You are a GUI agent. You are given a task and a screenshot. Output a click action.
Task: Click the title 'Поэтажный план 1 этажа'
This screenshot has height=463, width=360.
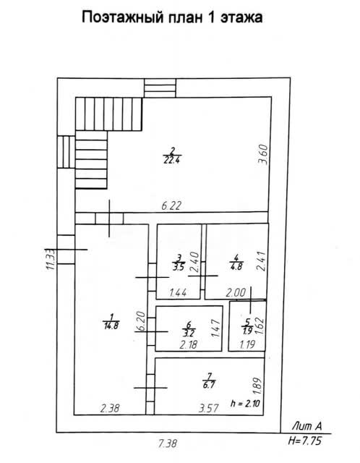pos(172,17)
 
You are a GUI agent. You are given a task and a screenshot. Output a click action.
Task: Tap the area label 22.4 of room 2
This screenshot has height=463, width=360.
pos(172,161)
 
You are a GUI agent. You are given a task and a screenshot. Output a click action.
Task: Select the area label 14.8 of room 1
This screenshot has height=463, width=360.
pos(111,326)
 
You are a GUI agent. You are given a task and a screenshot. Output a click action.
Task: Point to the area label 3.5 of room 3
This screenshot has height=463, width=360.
pos(179,267)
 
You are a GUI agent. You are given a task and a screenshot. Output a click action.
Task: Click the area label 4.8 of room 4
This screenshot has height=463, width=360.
pos(236,266)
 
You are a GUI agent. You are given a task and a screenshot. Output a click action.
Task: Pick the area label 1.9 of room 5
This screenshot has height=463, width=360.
pos(247,331)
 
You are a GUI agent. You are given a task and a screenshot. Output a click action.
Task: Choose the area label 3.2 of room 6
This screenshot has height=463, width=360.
pos(189,333)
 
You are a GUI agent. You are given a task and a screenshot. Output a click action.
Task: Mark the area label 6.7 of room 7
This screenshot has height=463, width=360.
pos(209,386)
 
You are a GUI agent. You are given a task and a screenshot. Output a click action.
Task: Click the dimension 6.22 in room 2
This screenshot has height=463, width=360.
pos(171,205)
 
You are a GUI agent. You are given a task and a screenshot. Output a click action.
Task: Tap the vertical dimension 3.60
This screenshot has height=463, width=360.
pos(262,154)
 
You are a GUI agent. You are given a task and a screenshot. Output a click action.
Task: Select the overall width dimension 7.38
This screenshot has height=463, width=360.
pos(167,443)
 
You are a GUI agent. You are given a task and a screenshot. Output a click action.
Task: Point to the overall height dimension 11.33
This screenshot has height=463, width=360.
pos(50,259)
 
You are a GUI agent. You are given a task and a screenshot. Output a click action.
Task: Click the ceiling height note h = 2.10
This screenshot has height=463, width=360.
pos(246,403)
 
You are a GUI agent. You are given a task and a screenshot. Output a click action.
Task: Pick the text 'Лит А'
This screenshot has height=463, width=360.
pos(307,426)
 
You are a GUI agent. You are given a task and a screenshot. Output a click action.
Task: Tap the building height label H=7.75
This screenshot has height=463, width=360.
pos(305,441)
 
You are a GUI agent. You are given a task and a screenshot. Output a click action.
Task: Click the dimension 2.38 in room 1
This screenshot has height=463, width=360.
pos(110,408)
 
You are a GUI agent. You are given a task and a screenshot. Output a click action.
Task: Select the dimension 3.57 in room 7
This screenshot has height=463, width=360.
pos(209,408)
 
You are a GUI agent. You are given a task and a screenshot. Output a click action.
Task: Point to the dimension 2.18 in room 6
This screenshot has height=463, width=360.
pos(188,344)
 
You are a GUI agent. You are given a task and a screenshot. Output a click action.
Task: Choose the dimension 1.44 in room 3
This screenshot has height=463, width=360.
pos(178,292)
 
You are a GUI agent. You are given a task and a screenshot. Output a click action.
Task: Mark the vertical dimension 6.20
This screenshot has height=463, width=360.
pos(141,322)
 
